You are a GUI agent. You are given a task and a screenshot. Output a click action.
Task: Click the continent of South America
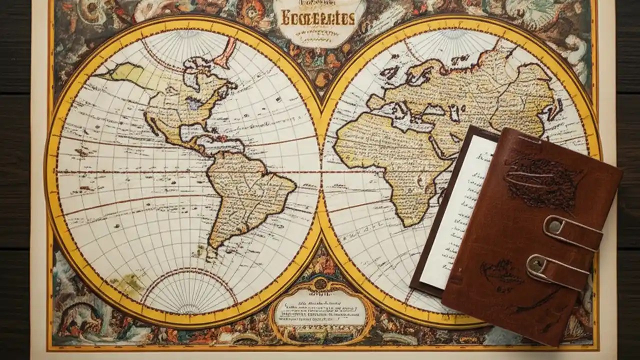pos(245,195)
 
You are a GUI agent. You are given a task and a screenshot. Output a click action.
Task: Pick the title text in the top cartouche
pos(318,19)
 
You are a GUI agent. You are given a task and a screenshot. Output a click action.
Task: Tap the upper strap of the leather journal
pos(575,233)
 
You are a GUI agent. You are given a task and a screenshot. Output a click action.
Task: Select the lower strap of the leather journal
pos(560,270)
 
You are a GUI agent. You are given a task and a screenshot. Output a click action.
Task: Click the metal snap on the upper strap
pos(553,226)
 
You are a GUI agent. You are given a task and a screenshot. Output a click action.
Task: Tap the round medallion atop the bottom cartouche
pos(320,284)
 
